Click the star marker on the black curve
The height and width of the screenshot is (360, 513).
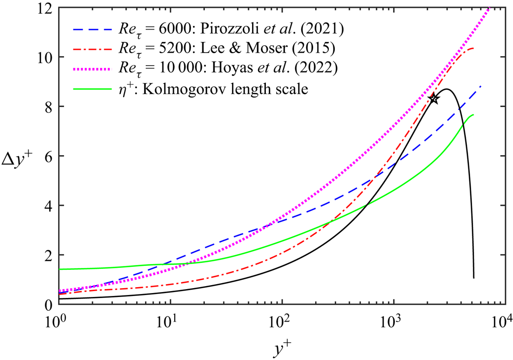point(433,99)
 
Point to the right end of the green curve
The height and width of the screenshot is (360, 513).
point(473,115)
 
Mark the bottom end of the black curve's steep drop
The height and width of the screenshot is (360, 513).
point(474,278)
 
